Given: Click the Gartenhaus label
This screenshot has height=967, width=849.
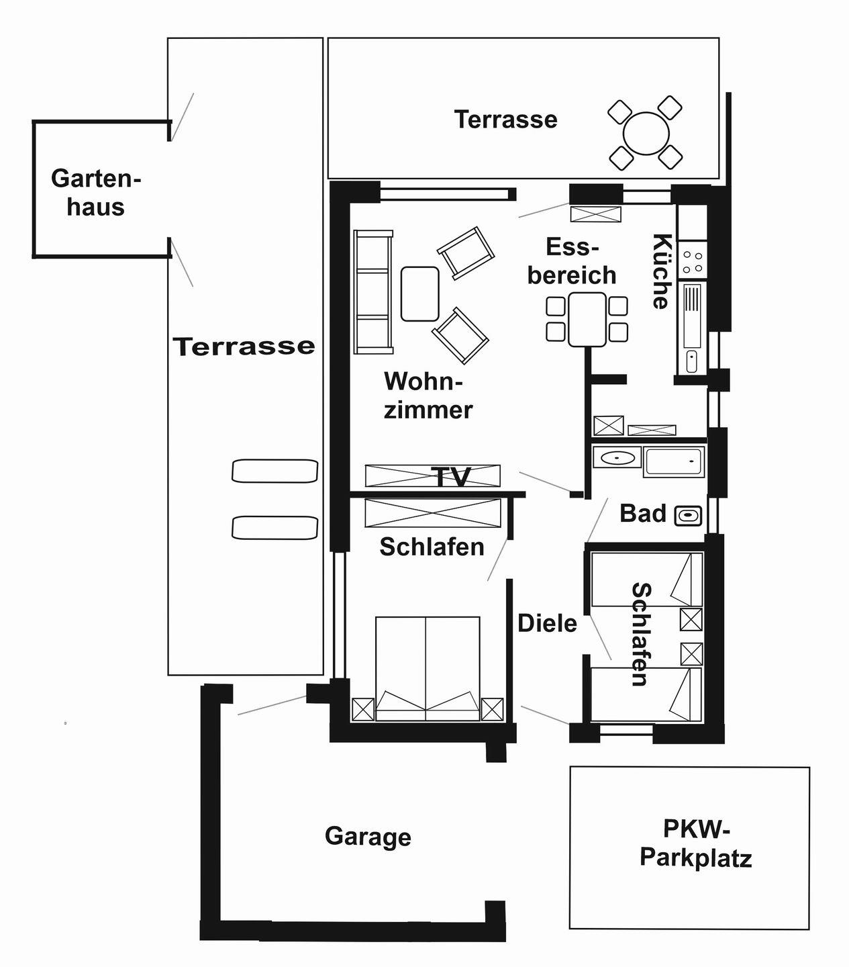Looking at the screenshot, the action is [x=96, y=193].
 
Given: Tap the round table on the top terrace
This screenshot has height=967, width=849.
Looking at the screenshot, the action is [x=646, y=134].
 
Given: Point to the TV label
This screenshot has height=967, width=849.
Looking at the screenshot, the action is [x=452, y=477].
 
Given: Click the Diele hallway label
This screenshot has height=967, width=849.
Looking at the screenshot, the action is [x=547, y=624].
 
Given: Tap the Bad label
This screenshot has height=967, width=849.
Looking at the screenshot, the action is [x=642, y=514].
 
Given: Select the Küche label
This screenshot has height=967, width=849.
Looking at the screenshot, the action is [x=662, y=271].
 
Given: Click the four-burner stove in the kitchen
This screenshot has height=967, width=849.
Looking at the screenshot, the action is [x=693, y=261].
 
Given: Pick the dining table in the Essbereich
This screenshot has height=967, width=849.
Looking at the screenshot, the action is [x=587, y=319].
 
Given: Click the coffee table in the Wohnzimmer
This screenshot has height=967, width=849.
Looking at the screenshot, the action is [x=419, y=293].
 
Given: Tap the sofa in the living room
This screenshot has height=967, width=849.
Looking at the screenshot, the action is [x=373, y=292].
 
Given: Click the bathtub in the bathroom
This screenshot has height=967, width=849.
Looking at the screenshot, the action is [x=673, y=461].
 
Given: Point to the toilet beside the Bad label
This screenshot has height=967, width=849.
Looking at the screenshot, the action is [x=688, y=516].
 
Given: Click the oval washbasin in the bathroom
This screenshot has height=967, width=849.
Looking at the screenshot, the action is [x=617, y=458].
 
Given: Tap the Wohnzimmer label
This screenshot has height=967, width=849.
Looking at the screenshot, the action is [x=428, y=396].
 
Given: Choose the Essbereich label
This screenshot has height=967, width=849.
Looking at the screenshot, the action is [x=572, y=261].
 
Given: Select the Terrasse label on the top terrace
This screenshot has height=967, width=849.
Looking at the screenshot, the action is [x=505, y=120].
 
